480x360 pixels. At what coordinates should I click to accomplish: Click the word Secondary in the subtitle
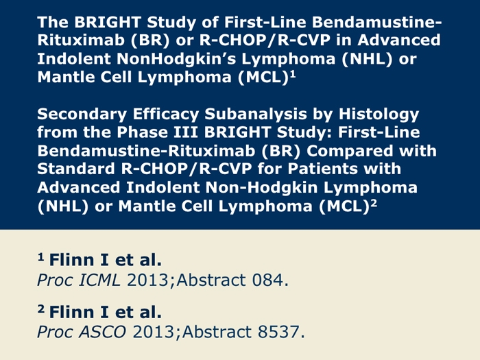82,115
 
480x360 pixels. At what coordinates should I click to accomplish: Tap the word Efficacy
166,115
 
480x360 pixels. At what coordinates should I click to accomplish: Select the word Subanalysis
256,115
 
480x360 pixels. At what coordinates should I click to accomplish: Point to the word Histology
379,115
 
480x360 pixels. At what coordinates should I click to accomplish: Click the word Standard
76,169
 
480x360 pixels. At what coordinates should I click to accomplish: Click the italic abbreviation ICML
99,280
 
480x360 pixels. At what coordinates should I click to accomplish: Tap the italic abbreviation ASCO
102,332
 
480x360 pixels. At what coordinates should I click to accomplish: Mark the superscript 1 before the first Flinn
40,257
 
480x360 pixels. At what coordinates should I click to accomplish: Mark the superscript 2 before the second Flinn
41,309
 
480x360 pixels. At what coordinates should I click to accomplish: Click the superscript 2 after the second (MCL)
374,204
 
